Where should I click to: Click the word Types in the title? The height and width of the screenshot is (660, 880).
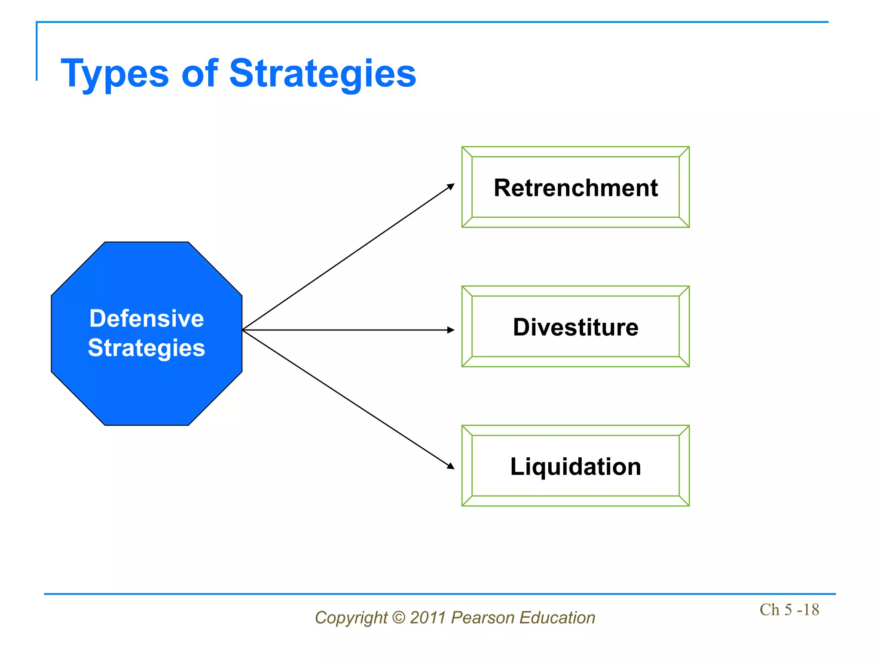point(115,74)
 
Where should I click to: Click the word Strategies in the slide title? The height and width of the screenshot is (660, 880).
point(322,74)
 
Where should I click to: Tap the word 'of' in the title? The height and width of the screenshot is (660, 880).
point(199,74)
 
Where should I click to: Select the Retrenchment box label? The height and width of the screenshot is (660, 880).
point(575,188)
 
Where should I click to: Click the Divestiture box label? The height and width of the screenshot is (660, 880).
point(575,327)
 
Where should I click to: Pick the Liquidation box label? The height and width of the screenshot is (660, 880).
point(575,467)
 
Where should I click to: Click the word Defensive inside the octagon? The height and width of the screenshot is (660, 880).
point(147,319)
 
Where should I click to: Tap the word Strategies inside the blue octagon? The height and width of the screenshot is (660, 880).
point(147,348)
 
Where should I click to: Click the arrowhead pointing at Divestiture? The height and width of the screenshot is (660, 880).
point(451,330)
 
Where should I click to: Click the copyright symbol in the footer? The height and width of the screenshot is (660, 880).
point(399,617)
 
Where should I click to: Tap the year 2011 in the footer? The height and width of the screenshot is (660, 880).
point(428,617)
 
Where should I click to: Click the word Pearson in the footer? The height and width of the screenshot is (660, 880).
point(483,617)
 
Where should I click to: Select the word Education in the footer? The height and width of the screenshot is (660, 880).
point(557,617)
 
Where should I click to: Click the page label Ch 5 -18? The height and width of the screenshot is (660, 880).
point(789,610)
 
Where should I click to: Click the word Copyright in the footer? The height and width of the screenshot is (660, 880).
point(351,618)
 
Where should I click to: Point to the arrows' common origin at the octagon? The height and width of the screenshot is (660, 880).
point(243,330)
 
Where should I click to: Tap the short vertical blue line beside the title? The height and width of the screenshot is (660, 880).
point(37,52)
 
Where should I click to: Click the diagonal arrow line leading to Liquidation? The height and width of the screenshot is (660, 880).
point(348,398)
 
